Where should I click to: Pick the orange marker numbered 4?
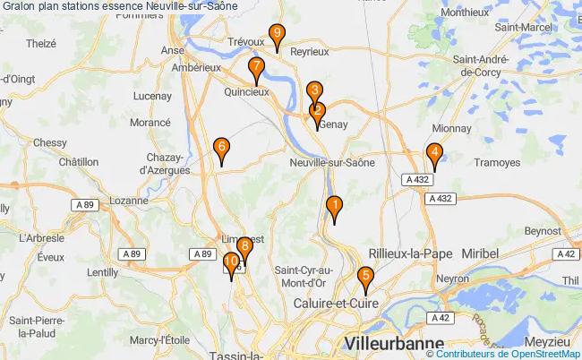tap(434, 154)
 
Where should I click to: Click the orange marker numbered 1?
tap(334, 206)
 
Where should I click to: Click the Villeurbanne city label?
tap(394, 344)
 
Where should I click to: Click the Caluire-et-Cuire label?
tap(336, 304)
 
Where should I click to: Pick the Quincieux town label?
tap(246, 91)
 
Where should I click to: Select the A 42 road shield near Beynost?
tap(566, 253)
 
